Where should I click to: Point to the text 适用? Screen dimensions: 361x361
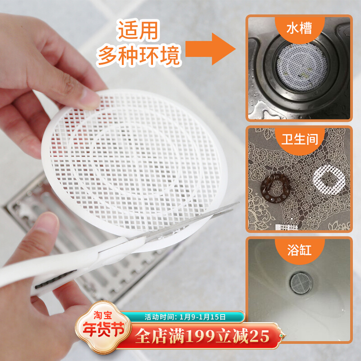[x=139, y=31]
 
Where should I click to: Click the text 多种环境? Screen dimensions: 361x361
[x=139, y=56]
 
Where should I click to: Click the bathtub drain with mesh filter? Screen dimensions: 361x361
[x=299, y=282]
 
